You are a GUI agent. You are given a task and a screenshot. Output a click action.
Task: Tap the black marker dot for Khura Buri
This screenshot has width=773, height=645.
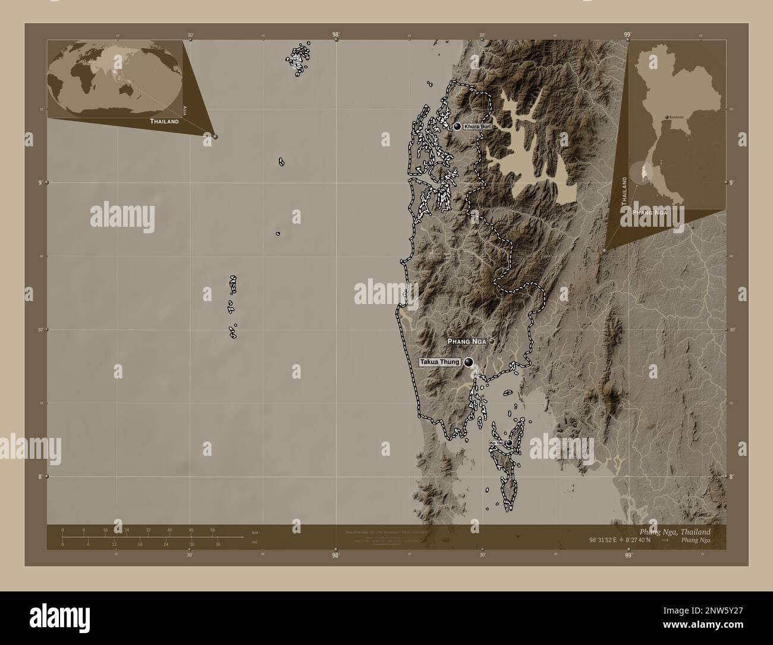[457, 126]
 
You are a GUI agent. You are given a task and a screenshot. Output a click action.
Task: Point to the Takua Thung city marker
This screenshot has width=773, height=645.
[469, 362]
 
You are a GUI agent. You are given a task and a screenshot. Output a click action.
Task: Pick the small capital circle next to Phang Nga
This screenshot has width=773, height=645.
[492, 342]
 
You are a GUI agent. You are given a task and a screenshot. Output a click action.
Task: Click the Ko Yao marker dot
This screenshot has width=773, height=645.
[510, 443]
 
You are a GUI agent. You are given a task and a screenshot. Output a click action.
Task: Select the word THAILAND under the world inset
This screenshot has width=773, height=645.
[164, 121]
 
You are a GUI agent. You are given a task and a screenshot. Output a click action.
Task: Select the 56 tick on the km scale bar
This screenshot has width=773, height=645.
[212, 530]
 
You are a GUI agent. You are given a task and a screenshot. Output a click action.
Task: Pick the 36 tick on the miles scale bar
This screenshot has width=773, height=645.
[218, 544]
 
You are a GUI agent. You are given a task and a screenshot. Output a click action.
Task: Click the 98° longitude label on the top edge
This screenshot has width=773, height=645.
[336, 35]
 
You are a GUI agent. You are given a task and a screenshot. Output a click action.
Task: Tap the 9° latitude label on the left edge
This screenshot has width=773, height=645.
[40, 183]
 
